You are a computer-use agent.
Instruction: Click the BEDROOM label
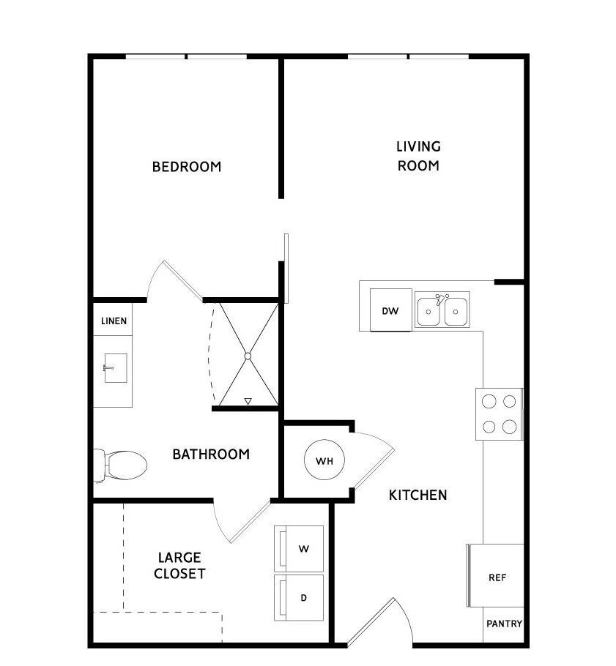click(187, 167)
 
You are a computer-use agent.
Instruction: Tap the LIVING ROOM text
click(419, 156)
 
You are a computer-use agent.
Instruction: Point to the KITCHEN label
click(418, 495)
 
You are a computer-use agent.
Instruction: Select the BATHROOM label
click(211, 454)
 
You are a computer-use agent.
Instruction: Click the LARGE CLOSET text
click(179, 565)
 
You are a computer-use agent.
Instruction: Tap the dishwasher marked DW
click(390, 310)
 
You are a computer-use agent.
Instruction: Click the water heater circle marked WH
click(324, 460)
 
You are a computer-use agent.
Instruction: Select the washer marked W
click(299, 548)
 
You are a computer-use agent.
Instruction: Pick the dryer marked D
click(299, 598)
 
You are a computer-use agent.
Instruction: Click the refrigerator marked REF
click(495, 576)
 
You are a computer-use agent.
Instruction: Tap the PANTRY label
click(504, 624)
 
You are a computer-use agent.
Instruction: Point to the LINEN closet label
click(114, 321)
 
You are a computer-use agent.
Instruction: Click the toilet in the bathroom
click(120, 465)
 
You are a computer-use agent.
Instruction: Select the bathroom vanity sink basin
click(116, 368)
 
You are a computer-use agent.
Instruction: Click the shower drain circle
click(248, 356)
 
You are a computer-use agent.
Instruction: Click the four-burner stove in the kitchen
click(499, 414)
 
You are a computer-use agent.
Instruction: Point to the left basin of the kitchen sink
click(428, 312)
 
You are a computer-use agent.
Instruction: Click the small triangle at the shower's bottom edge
click(248, 401)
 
